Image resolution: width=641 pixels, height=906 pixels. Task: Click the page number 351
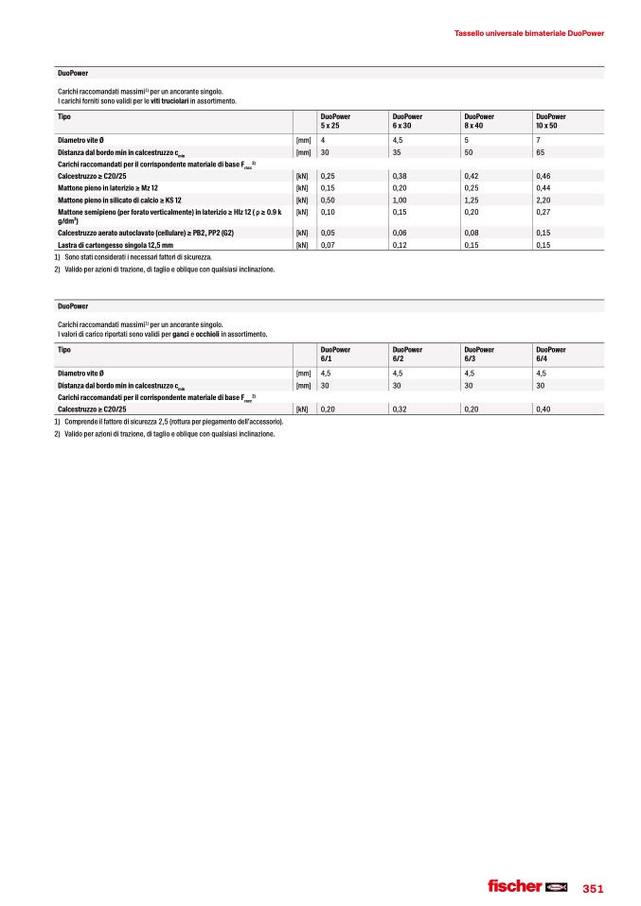[x=593, y=888]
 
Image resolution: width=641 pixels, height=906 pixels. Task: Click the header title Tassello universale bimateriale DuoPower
[x=528, y=32]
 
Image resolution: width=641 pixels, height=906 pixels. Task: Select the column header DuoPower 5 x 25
[x=335, y=120]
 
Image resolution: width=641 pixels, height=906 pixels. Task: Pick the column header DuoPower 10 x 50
[x=552, y=120]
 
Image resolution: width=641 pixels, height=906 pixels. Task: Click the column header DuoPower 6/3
[x=478, y=354]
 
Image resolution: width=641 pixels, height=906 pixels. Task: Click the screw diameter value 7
[x=538, y=140]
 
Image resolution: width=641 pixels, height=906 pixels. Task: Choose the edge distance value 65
[x=540, y=151]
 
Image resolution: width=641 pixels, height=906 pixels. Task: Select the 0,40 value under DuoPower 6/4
[x=543, y=409]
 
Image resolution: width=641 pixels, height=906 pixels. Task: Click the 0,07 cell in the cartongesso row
[x=328, y=246]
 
